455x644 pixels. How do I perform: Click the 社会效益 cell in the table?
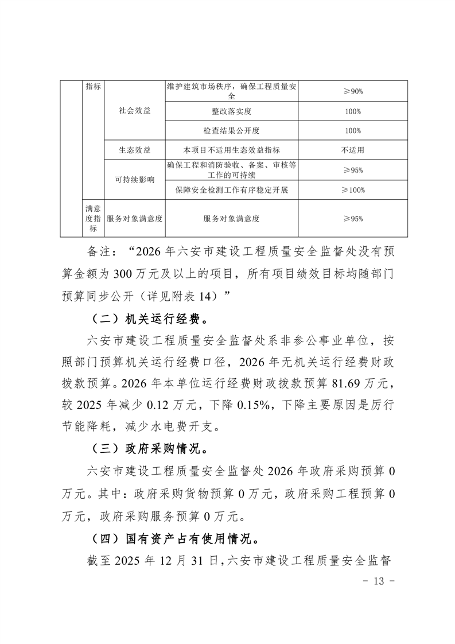134,111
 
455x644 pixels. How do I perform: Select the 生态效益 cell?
134,150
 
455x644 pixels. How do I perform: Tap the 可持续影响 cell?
134,180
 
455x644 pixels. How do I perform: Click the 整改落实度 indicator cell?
232,111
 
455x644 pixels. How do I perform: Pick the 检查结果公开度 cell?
232,130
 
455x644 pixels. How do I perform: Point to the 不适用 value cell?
353,150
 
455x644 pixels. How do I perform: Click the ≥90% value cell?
353,91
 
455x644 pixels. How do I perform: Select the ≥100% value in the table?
353,189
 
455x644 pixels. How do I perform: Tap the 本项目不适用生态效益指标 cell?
232,150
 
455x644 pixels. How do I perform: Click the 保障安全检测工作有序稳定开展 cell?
232,189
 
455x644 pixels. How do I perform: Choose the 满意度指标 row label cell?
92,218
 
